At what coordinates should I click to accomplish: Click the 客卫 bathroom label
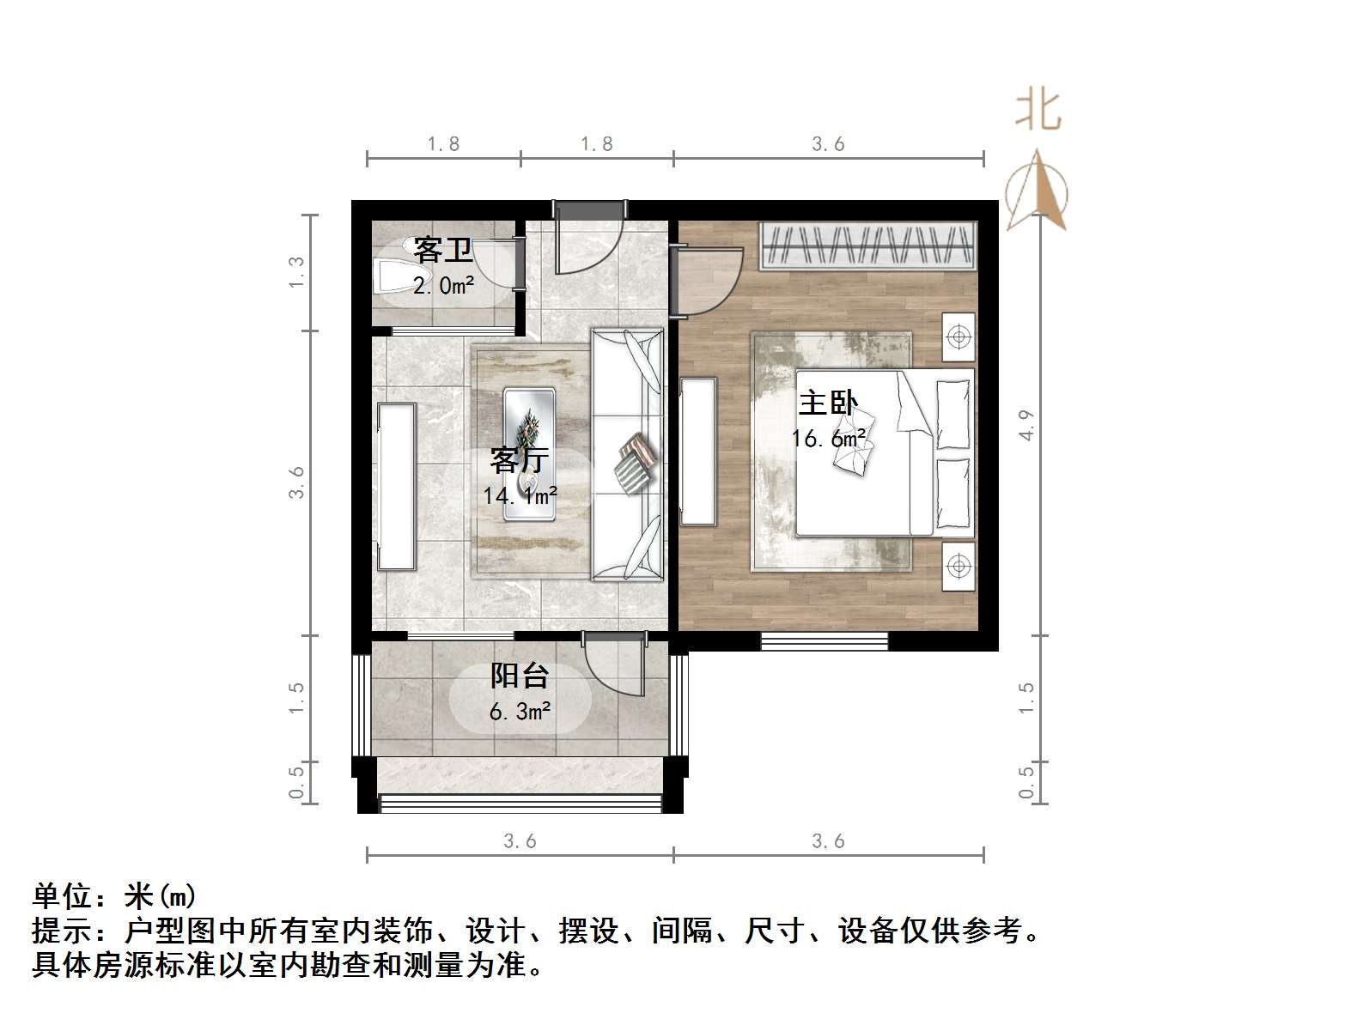pyautogui.click(x=442, y=251)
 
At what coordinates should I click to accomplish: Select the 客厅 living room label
pyautogui.click(x=519, y=460)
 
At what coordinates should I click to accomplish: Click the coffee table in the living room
pyautogui.click(x=529, y=453)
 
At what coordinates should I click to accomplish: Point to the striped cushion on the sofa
pyautogui.click(x=634, y=464)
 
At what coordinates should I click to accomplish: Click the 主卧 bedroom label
pyautogui.click(x=828, y=403)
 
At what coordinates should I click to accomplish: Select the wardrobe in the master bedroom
pyautogui.click(x=867, y=245)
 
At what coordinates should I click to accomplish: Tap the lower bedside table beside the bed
pyautogui.click(x=958, y=566)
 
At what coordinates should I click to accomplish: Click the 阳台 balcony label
pyautogui.click(x=519, y=676)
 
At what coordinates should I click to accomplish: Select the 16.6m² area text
pyautogui.click(x=828, y=439)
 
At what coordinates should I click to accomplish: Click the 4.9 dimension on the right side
pyautogui.click(x=1026, y=426)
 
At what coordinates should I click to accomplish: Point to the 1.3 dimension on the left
pyautogui.click(x=296, y=272)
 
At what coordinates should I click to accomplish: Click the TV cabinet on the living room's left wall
pyautogui.click(x=396, y=487)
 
